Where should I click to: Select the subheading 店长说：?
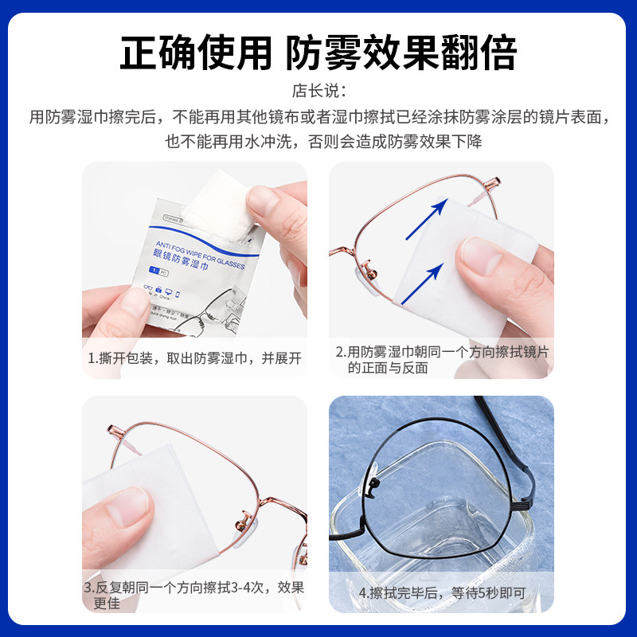(318, 91)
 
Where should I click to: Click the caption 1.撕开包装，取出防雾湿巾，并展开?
(194, 358)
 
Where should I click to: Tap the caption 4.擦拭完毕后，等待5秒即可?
(441, 593)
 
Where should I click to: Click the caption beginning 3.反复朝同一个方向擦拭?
(194, 595)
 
